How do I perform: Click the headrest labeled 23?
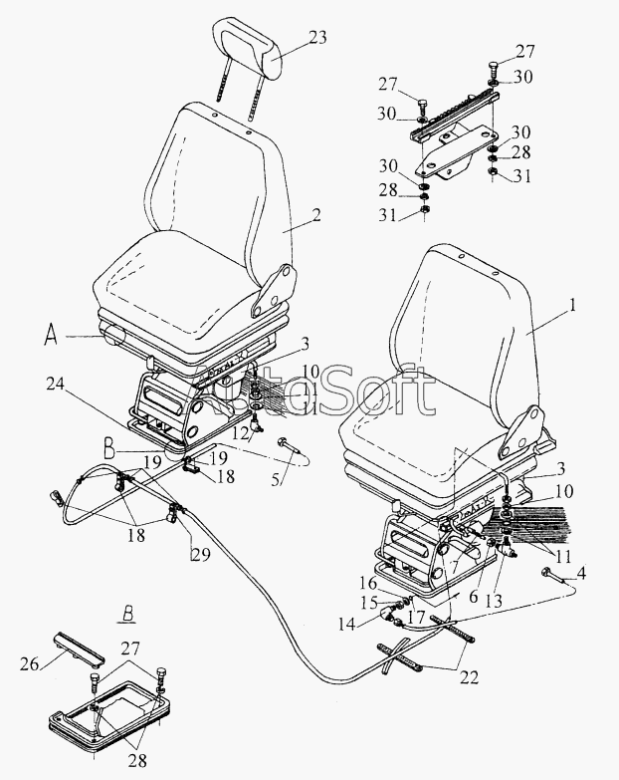tap(246, 47)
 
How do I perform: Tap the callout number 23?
tap(316, 37)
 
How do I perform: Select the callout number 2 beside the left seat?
tap(315, 215)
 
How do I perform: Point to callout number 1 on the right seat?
tap(573, 305)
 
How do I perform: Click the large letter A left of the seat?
tap(50, 336)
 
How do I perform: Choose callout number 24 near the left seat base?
tap(57, 385)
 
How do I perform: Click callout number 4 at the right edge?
tap(581, 573)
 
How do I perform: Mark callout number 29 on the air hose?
tap(201, 554)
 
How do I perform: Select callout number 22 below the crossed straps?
tap(469, 677)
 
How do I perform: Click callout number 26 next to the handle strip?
tap(29, 663)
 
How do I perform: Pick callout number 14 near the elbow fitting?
tap(347, 624)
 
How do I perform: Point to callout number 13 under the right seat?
tap(493, 602)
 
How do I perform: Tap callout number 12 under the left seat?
tap(241, 433)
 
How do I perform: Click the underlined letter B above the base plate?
tap(127, 616)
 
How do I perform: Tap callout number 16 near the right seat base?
tap(368, 583)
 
